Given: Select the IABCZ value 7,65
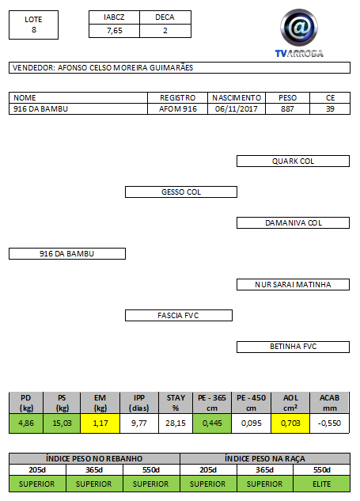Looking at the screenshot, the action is tap(115, 31).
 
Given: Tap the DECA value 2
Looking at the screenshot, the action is tap(165, 31).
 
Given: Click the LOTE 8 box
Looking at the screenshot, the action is tap(33, 25).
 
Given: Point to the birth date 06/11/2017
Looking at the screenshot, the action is tap(237, 109).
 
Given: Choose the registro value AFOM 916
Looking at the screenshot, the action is tap(178, 109).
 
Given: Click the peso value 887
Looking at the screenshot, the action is tap(287, 109).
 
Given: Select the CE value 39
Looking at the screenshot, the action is tap(330, 109).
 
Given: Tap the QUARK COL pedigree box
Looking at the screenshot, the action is tap(293, 161).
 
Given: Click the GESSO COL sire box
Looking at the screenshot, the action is tap(181, 192).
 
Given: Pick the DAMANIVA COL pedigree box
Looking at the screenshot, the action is tap(293, 223).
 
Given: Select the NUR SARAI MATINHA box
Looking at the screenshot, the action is tap(293, 285).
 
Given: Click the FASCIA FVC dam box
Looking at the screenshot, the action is tap(179, 315).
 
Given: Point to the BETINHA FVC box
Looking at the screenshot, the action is tap(293, 347).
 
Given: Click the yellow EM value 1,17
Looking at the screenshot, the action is tap(100, 423).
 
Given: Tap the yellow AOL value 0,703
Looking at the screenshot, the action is tap(290, 423).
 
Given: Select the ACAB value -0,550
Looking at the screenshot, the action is tap(329, 423).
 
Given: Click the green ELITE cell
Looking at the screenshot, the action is tap(322, 484).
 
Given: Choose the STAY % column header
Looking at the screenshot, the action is tap(176, 403).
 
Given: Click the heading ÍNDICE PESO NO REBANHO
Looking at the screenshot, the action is tap(94, 459).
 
